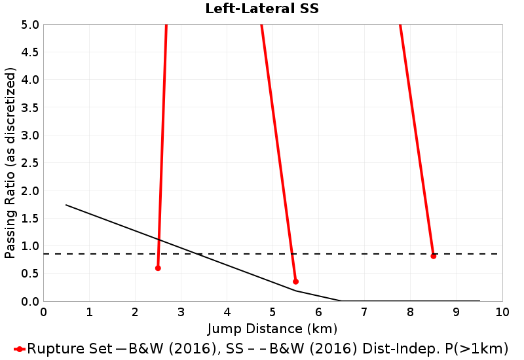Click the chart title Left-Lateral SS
pyautogui.click(x=262, y=9)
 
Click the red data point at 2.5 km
pyautogui.click(x=158, y=268)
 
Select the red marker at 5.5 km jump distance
pyautogui.click(x=295, y=281)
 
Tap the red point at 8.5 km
pyautogui.click(x=433, y=256)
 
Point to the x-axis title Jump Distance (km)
pyautogui.click(x=272, y=328)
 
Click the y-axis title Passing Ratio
pyautogui.click(x=10, y=163)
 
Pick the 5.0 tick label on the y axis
pyautogui.click(x=30, y=25)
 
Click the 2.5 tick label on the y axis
pyautogui.click(x=30, y=163)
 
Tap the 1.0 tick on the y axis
pyautogui.click(x=30, y=246)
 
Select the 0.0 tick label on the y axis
pyautogui.click(x=30, y=302)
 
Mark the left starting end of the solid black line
pyautogui.click(x=66, y=205)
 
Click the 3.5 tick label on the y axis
pyautogui.click(x=30, y=108)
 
